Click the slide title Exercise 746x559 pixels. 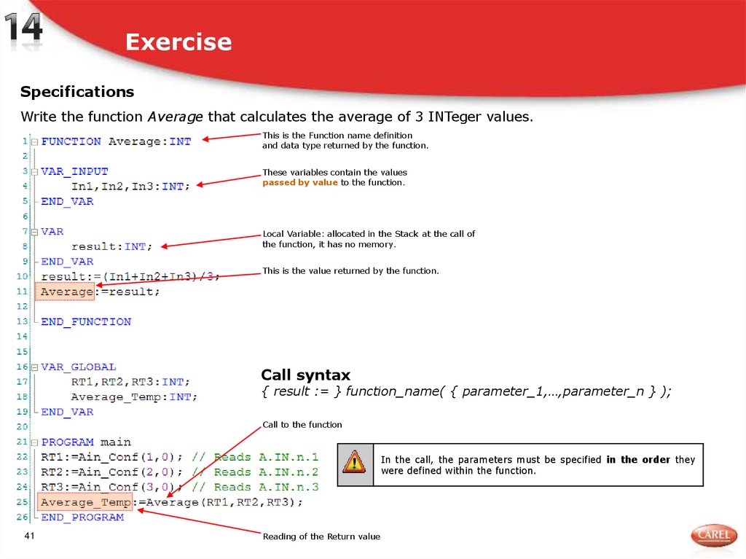178,42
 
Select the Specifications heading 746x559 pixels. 77,92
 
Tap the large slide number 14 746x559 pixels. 24,30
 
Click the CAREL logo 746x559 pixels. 713,535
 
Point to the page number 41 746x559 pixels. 30,536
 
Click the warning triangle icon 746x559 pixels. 355,461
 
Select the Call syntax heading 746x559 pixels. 305,375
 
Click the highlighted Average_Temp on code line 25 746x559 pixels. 86,502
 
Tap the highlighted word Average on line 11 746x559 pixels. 66,292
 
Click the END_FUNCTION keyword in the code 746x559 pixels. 86,321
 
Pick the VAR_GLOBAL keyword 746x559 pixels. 79,367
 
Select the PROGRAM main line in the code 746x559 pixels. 86,442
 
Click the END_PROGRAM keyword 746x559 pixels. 82,517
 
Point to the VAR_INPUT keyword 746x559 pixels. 74,171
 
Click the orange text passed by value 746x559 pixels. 300,183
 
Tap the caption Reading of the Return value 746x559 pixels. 321,536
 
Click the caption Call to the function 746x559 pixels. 302,425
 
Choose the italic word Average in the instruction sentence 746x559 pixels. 175,117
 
